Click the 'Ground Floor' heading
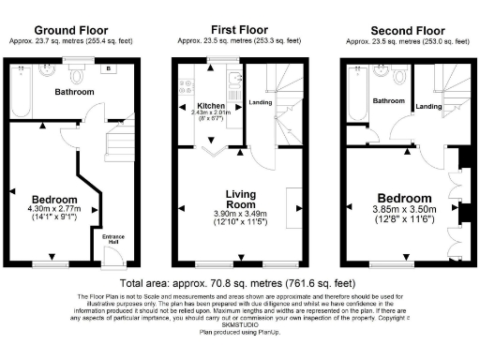pyautogui.click(x=67, y=30)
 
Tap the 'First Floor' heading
pyautogui.click(x=240, y=30)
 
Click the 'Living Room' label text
pyautogui.click(x=240, y=199)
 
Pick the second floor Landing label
pyautogui.click(x=429, y=106)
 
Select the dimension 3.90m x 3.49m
pyautogui.click(x=240, y=214)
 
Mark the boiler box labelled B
pyautogui.click(x=110, y=68)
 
